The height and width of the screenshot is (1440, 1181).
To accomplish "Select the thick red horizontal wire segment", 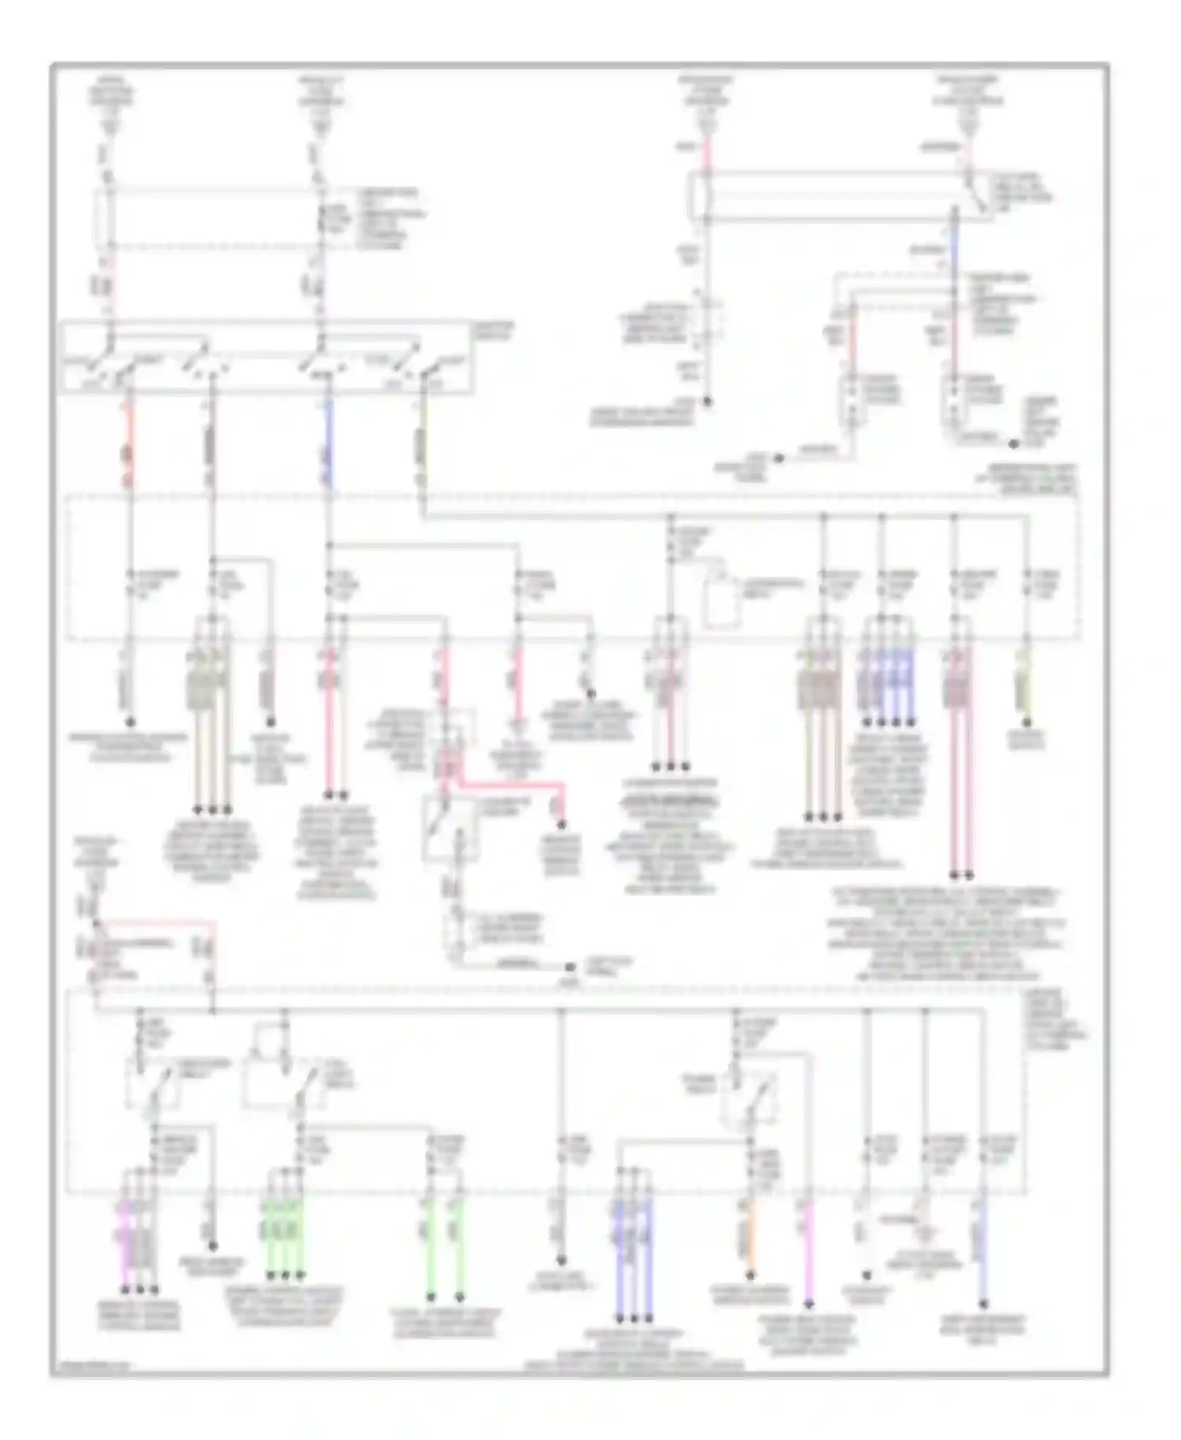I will (512, 785).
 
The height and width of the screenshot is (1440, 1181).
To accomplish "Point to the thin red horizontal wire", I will (154, 921).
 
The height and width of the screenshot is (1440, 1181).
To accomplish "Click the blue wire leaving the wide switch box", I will (328, 441).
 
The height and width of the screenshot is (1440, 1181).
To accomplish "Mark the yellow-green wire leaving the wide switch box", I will (422, 441).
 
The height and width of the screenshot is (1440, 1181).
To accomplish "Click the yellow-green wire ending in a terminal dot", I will (1026, 685).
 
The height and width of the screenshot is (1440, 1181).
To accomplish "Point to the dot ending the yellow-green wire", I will (1026, 722).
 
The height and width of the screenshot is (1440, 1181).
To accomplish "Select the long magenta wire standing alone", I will (809, 1253).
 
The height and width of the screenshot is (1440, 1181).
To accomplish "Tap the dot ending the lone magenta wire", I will (809, 1305).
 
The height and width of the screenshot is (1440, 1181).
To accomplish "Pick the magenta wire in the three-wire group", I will (125, 1245).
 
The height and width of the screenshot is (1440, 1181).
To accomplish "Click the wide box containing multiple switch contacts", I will (268, 357).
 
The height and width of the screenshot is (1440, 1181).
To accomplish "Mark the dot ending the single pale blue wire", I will (983, 1305).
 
